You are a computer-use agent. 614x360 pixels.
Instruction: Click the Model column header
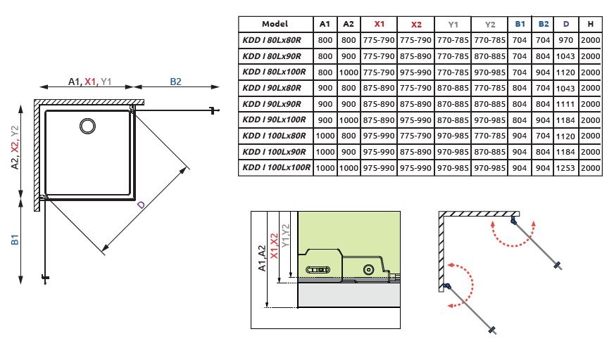point(275,24)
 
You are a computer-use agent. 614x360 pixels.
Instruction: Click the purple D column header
point(566,24)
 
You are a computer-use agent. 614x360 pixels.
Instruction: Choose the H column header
point(591,24)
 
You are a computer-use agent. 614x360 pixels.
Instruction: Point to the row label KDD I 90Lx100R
point(275,120)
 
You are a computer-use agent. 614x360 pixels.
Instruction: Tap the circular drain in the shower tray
point(87,126)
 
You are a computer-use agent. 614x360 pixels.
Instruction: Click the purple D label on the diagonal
point(140,205)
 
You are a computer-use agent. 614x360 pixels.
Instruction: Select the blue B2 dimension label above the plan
point(175,82)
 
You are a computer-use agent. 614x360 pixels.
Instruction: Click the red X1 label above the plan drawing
point(91,82)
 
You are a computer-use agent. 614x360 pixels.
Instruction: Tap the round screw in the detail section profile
point(368,270)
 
